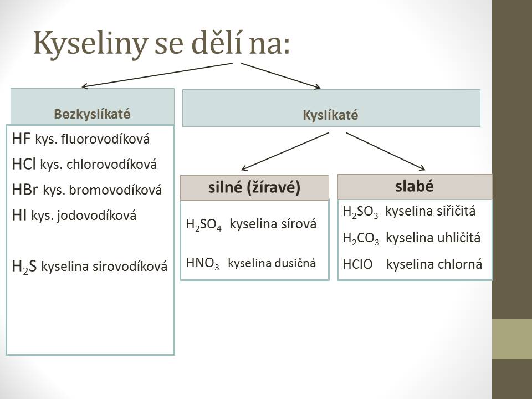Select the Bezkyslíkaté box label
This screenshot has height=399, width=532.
click(x=92, y=114)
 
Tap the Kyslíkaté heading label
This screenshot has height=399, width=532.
click(x=330, y=115)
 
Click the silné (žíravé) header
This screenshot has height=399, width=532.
click(x=254, y=187)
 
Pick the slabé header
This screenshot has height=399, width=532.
click(x=415, y=186)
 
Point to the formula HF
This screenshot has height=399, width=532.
click(x=21, y=139)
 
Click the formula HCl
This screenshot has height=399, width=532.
click(x=24, y=164)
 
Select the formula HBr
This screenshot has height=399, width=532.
click(x=25, y=190)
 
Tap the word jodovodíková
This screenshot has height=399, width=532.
click(x=96, y=216)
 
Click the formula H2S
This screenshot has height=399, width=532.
click(x=24, y=267)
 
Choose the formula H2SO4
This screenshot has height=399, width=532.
click(x=203, y=224)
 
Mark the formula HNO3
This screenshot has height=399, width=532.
click(x=203, y=264)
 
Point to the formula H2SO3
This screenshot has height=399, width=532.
click(x=360, y=212)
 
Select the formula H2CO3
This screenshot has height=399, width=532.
click(x=361, y=238)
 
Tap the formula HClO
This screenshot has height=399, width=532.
click(x=357, y=264)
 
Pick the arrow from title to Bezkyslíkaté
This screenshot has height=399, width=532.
click(x=157, y=75)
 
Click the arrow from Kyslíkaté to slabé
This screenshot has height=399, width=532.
click(x=386, y=151)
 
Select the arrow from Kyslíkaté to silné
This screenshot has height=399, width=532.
click(x=285, y=151)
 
